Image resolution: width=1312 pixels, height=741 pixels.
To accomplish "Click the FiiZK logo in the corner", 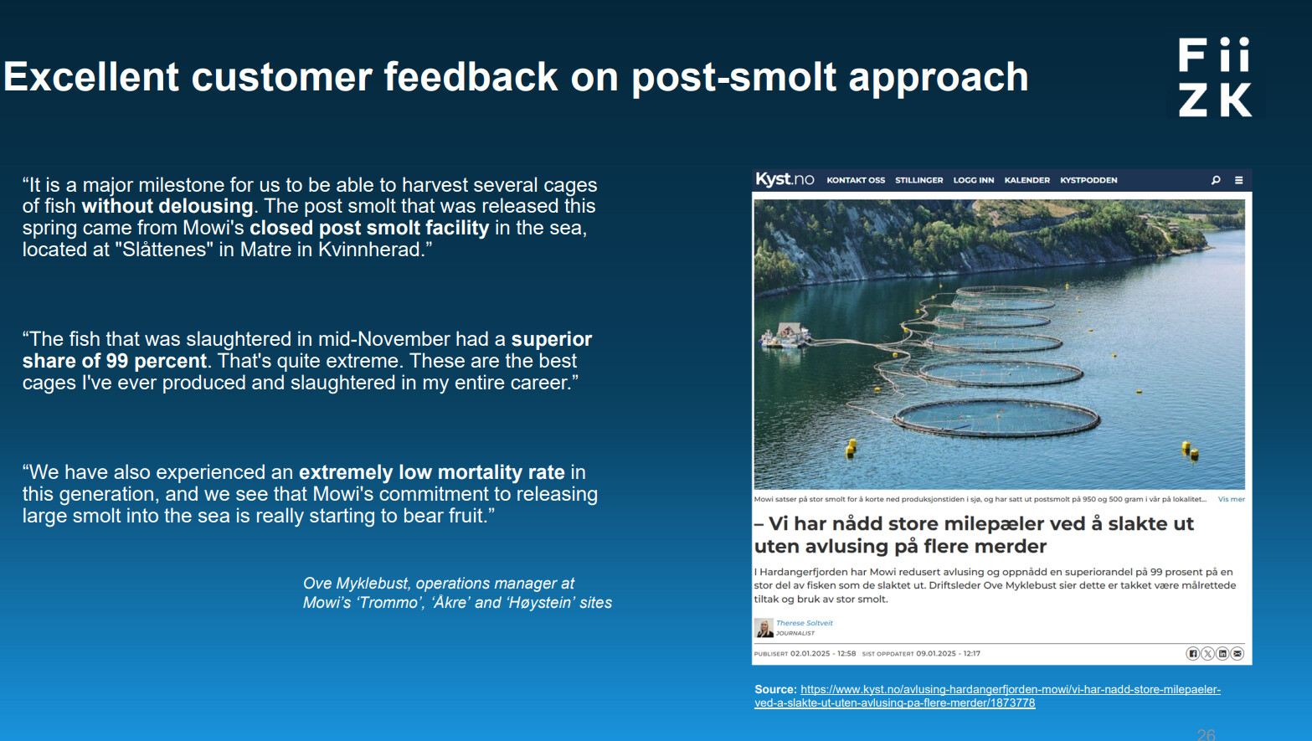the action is pos(1216,77).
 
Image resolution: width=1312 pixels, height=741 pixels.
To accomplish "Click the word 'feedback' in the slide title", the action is pos(471,77).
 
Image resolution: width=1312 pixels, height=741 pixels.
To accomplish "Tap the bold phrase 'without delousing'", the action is pos(167,206).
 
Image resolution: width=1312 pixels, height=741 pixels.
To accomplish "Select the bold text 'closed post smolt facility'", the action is pos(369,228).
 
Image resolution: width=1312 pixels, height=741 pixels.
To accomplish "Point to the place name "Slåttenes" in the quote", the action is pos(164,250).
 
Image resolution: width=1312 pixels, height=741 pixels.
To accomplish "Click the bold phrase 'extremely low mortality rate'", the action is pos(432,472).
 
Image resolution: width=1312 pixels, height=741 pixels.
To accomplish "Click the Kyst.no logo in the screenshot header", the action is pos(785,179).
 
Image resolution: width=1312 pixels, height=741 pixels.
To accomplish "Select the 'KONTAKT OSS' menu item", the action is pos(856,180).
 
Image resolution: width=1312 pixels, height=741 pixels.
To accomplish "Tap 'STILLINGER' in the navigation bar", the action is pos(919,180).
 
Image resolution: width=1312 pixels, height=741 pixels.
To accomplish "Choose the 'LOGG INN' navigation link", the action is pos(974,180).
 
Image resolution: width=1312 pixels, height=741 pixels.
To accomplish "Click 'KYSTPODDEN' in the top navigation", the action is pos(1088,180).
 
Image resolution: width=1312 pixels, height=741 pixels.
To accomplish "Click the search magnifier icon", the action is pos(1216,180).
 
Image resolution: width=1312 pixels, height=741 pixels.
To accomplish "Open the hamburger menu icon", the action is pos(1239,180).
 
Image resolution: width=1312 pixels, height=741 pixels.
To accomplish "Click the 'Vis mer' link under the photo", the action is pos(1231,499).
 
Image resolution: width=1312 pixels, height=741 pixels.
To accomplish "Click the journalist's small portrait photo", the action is pos(764,627).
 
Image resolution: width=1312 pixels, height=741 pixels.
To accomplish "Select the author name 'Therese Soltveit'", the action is pos(804,623).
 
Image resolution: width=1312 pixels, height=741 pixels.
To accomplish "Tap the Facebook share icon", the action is pos(1192,653).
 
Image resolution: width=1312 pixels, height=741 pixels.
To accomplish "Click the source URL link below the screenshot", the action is pos(987,696).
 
